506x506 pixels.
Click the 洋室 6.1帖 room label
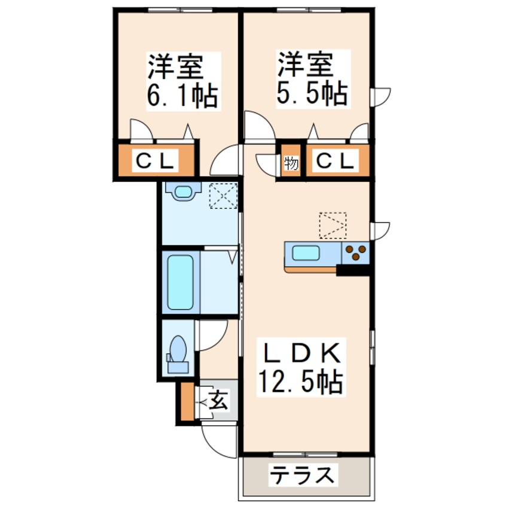click(x=183, y=81)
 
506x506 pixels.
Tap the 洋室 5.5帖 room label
click(x=313, y=79)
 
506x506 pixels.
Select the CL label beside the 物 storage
click(x=335, y=160)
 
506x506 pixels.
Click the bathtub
click(x=181, y=282)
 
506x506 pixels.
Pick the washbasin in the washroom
click(x=183, y=191)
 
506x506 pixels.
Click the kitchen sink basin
click(x=306, y=252)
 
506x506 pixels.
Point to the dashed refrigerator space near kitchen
click(x=333, y=225)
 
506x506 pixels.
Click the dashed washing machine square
click(x=223, y=196)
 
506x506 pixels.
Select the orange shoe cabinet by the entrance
click(x=187, y=401)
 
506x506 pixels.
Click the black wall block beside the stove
click(x=353, y=270)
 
